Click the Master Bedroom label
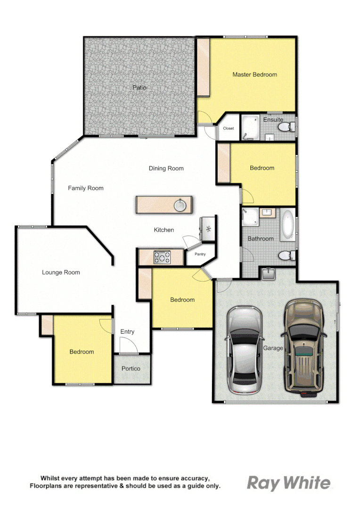click(254, 74)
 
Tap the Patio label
click(139, 88)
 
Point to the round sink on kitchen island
click(180, 205)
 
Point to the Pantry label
click(200, 254)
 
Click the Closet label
click(228, 128)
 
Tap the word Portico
click(131, 369)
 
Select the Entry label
click(127, 332)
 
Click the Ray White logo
click(289, 483)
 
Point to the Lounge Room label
click(61, 272)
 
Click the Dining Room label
click(166, 168)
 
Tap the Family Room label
click(85, 188)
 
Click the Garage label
click(273, 348)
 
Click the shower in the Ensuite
click(250, 127)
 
